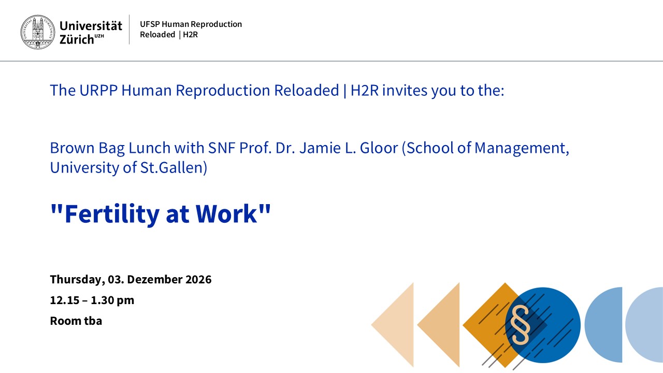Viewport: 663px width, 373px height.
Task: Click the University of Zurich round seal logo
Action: (38, 32)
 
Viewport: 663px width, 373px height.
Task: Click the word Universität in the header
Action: (91, 26)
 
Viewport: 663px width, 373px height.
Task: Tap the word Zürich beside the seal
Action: (77, 39)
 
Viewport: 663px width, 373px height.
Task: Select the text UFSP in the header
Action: (150, 24)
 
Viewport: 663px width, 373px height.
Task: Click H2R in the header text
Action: (190, 35)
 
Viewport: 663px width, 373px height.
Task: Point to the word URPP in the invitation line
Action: (98, 90)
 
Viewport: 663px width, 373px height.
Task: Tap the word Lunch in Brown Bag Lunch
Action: (150, 148)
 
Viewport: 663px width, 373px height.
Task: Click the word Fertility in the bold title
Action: (112, 214)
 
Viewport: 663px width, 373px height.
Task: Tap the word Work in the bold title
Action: (226, 214)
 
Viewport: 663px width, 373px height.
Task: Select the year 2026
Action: (198, 279)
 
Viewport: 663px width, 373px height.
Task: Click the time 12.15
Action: (64, 300)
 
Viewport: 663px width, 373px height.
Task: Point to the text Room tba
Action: (76, 321)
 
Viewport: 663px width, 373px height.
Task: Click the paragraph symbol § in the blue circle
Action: (521, 325)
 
